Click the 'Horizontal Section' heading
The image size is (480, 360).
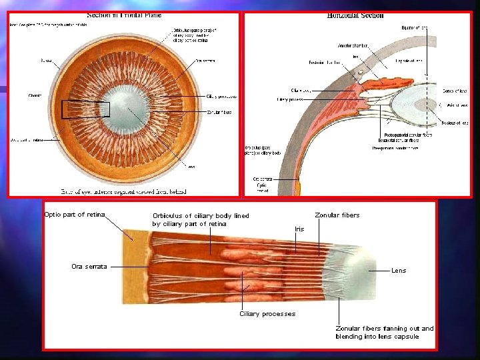(355, 15)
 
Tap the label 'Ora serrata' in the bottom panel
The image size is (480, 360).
(89, 267)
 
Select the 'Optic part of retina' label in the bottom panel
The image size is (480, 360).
(74, 214)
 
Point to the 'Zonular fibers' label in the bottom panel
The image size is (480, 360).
(337, 215)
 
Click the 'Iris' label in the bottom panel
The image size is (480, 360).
(299, 229)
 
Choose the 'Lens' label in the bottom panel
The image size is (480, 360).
(399, 271)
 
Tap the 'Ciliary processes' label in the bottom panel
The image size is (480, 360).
(267, 313)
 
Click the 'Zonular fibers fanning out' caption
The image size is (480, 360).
(384, 332)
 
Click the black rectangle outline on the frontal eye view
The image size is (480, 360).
(85, 109)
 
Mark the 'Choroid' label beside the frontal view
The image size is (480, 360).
(34, 95)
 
